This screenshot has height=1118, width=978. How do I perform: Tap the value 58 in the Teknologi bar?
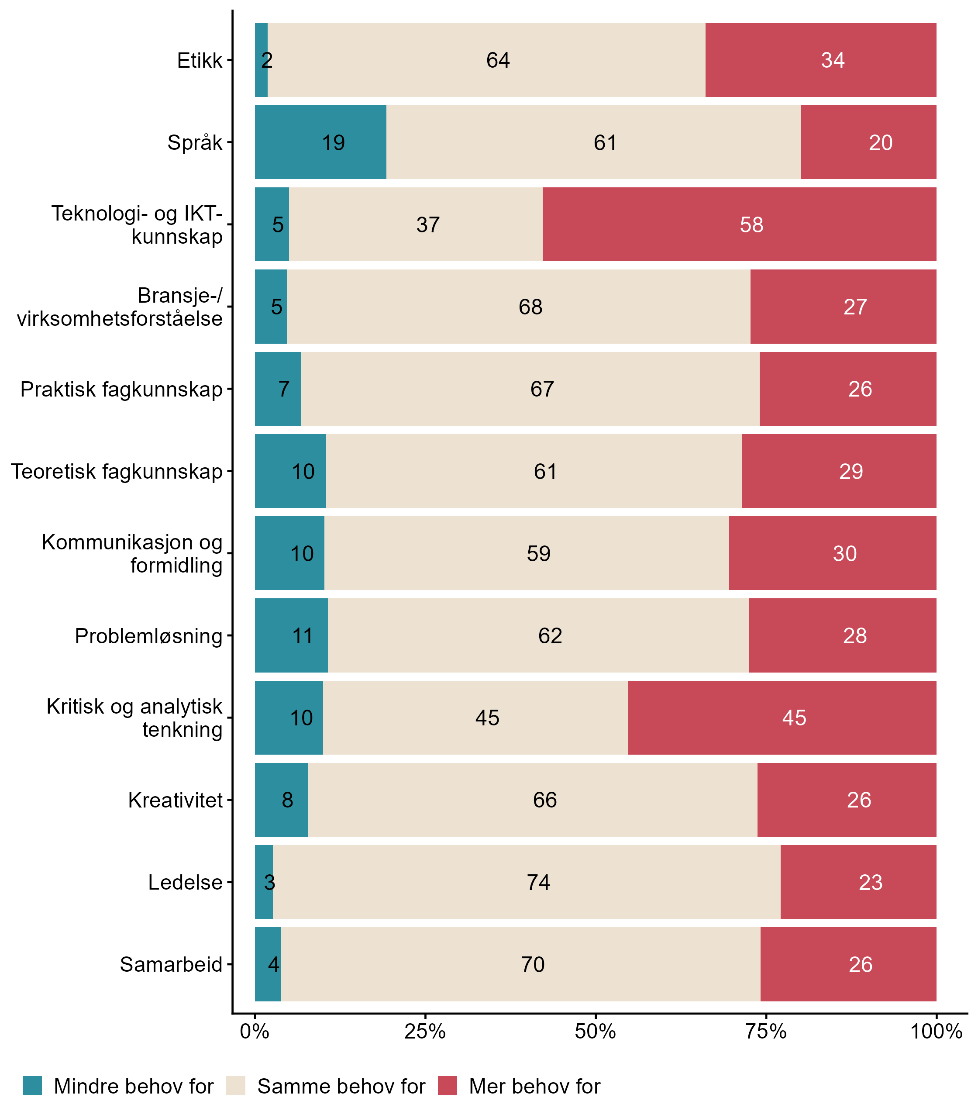tap(751, 225)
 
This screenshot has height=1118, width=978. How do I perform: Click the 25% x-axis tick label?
tap(424, 1032)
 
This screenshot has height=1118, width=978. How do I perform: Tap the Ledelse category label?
tap(186, 882)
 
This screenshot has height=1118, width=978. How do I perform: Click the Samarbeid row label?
tap(171, 965)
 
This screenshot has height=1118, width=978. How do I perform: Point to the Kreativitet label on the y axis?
tap(176, 800)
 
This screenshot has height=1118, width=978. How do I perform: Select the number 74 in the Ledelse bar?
tap(538, 882)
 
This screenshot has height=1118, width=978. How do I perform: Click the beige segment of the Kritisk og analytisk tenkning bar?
tap(475, 718)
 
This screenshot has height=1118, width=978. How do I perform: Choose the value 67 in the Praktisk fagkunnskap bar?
tap(542, 389)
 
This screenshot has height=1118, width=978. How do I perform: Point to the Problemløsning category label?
tap(148, 636)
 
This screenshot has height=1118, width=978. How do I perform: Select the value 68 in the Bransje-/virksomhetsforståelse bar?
tap(530, 307)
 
